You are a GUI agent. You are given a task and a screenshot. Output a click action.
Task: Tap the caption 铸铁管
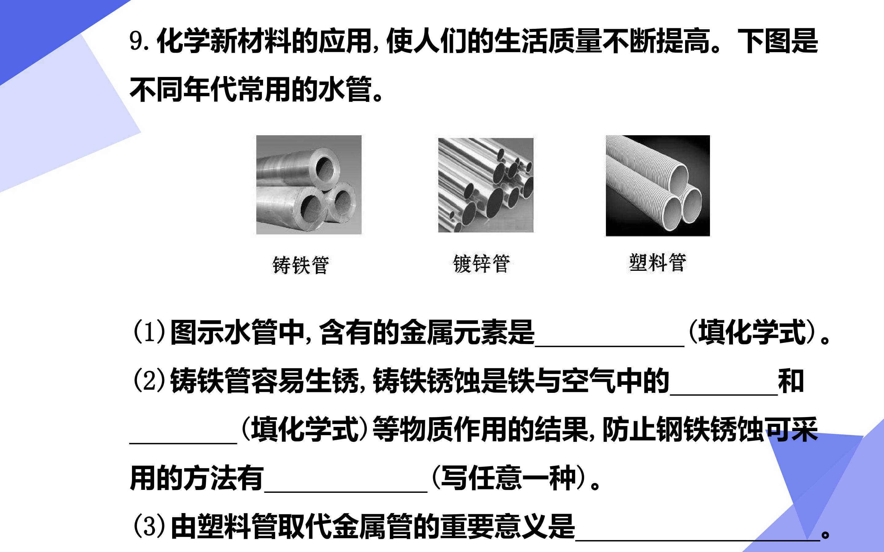pos(300,265)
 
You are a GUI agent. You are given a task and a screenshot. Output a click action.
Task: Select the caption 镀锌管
pos(481,264)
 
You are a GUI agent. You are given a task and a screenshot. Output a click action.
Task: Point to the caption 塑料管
pos(657,263)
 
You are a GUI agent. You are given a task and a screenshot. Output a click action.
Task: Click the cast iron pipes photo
pos(309,185)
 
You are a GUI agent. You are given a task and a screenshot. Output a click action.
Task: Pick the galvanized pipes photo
pos(486,185)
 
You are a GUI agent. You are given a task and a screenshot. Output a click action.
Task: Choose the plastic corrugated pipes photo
pos(658,186)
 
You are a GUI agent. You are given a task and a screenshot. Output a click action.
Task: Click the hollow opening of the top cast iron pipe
pos(327,168)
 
